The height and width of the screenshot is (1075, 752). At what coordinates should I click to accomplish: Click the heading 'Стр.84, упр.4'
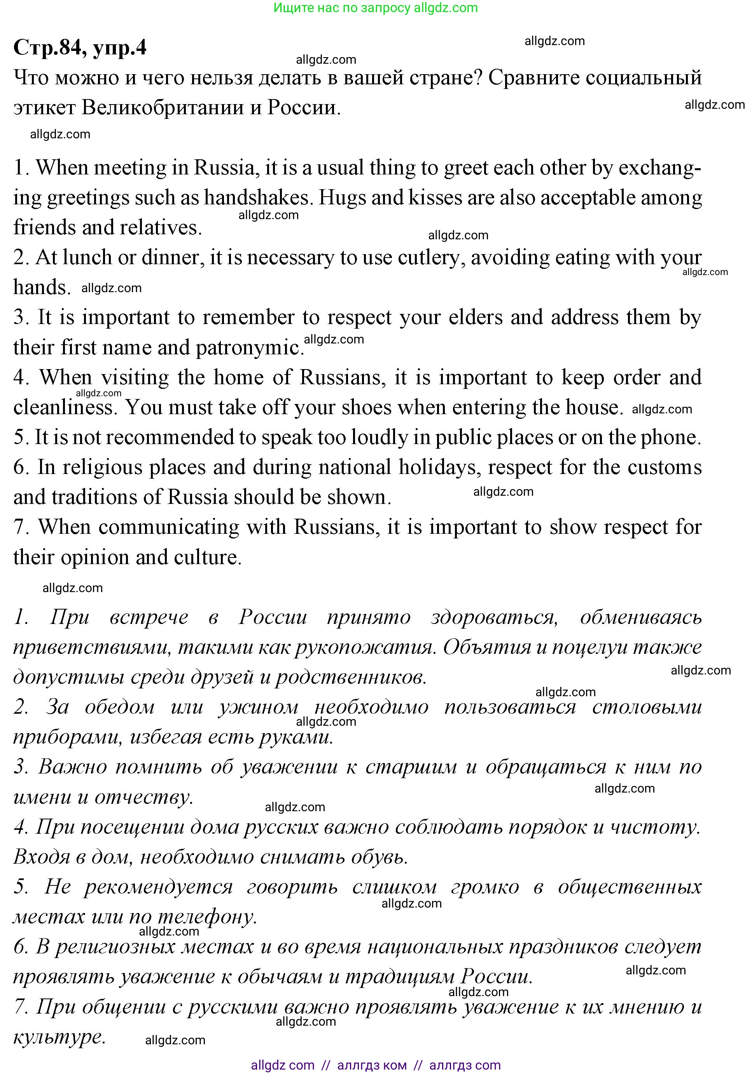click(80, 48)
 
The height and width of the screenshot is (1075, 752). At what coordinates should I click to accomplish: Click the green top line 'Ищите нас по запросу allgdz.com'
click(375, 8)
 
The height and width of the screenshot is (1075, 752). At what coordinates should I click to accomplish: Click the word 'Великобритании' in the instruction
click(162, 108)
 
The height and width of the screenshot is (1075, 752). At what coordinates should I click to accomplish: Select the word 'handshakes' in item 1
click(258, 198)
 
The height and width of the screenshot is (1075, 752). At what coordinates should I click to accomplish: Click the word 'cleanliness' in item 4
click(63, 407)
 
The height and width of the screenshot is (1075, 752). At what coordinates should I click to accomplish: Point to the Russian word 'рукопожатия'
click(366, 647)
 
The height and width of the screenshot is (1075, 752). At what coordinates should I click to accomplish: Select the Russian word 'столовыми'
click(647, 707)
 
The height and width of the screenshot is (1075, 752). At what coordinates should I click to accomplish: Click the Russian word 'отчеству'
click(143, 797)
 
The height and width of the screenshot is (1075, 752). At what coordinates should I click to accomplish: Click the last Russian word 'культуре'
click(59, 1037)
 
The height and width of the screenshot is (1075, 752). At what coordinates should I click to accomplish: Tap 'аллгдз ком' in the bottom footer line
click(372, 1065)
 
